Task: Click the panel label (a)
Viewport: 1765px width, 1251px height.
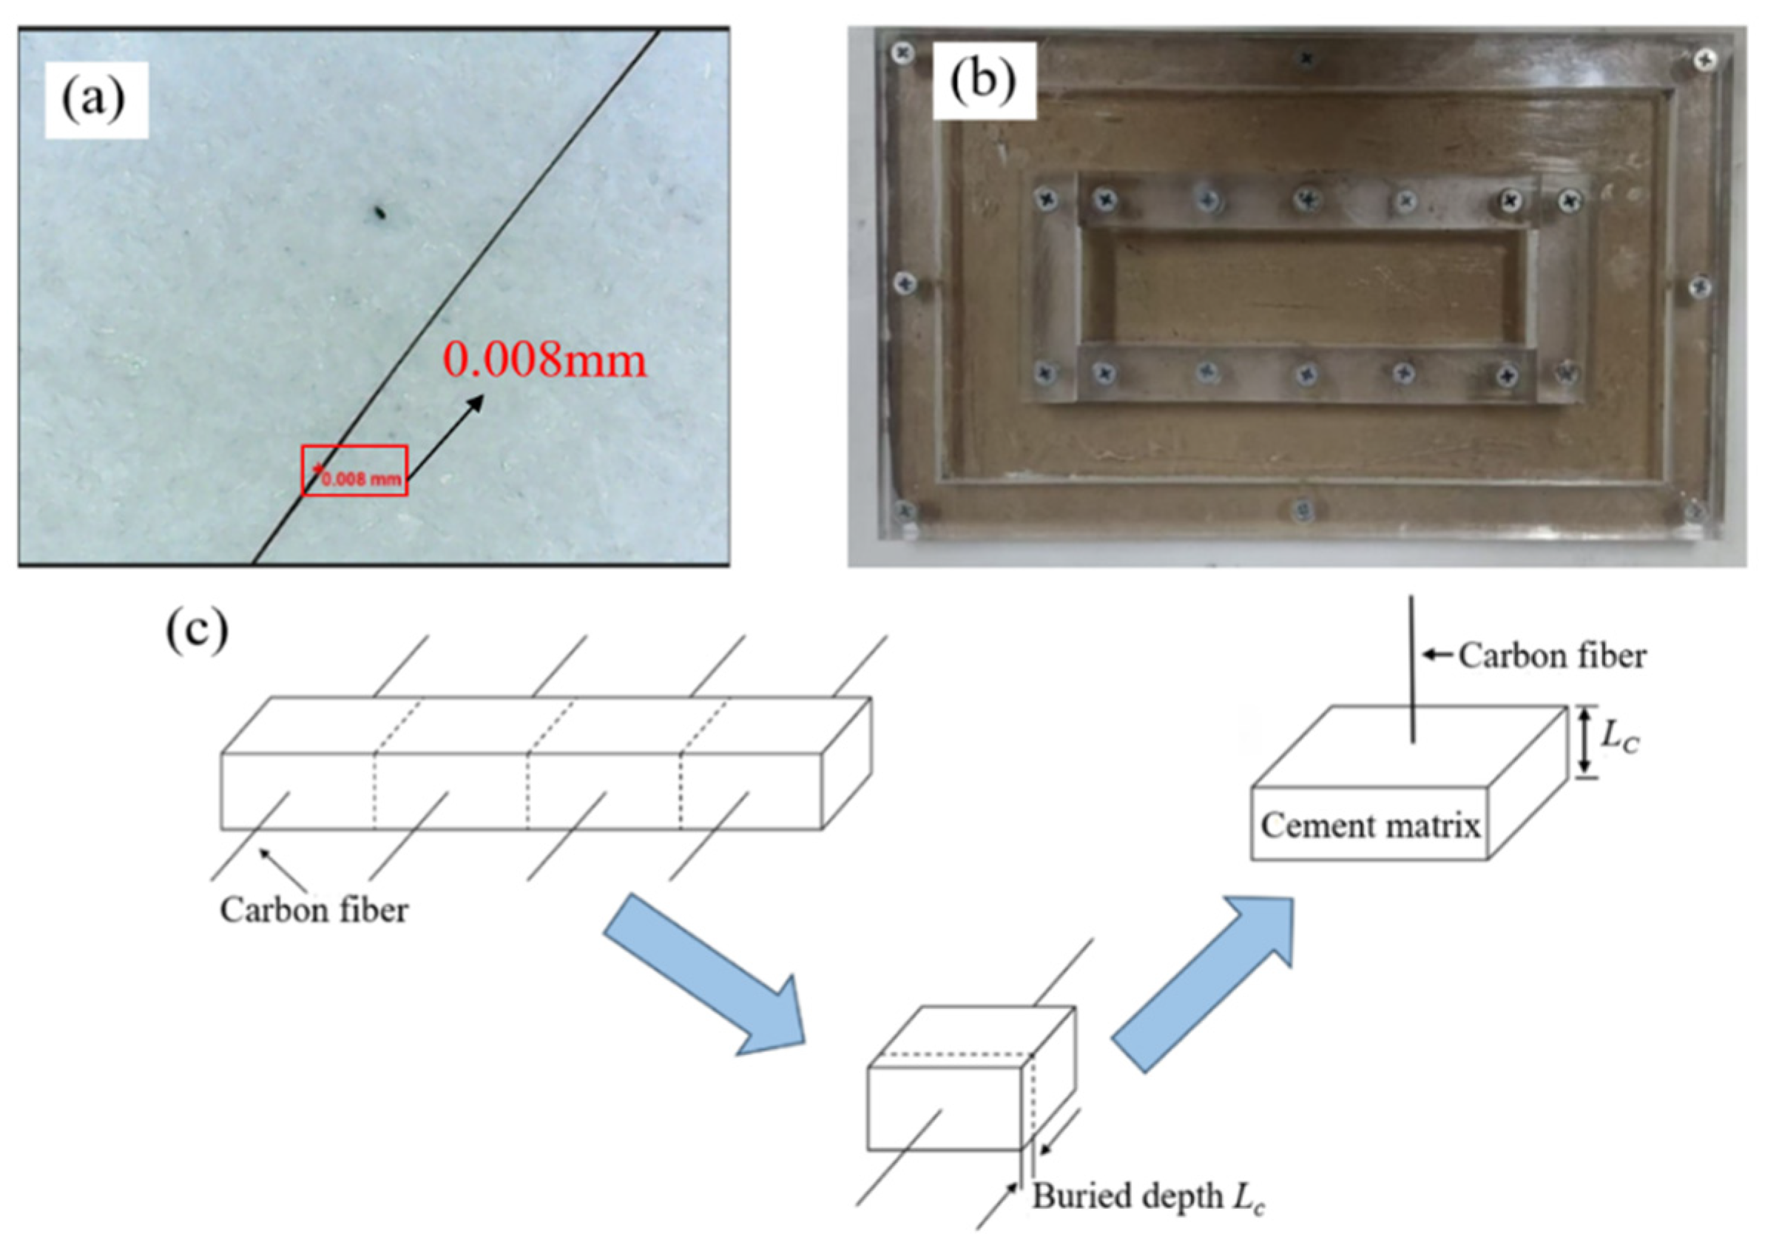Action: click(94, 100)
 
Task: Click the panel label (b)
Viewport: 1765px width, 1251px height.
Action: click(982, 81)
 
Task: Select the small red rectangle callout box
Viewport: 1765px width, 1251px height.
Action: click(354, 471)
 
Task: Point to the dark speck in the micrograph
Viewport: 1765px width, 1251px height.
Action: click(379, 212)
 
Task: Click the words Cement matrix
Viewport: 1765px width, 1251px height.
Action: click(1370, 826)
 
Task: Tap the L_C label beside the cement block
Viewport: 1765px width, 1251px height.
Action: click(1620, 737)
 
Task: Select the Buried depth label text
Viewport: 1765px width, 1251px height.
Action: click(1147, 1197)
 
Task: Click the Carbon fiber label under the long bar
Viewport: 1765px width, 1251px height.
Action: click(314, 911)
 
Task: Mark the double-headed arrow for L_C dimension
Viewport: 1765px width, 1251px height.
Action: click(1584, 741)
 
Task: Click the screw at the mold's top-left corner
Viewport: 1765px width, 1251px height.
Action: click(902, 53)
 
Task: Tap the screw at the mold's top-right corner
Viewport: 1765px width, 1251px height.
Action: click(1707, 58)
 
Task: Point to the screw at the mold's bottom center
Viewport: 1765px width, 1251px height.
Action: click(1302, 509)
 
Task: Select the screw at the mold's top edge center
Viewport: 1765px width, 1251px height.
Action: click(1306, 58)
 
